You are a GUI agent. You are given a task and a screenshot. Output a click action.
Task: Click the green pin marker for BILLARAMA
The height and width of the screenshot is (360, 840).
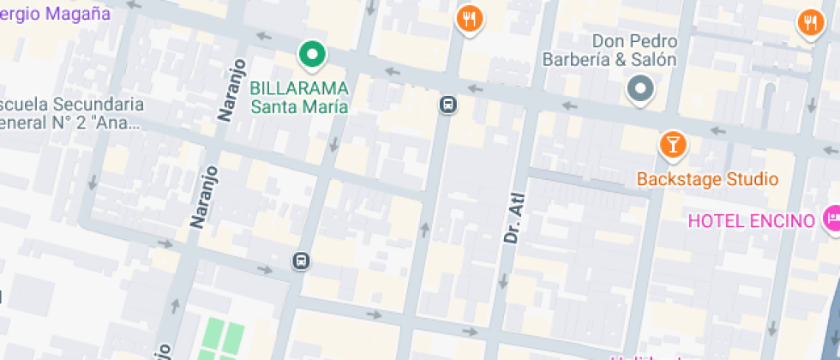pos(313,55)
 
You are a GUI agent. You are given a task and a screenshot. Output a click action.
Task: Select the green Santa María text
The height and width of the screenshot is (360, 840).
pos(299,106)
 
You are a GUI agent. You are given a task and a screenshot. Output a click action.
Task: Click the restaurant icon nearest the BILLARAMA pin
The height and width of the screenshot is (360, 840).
pos(469,18)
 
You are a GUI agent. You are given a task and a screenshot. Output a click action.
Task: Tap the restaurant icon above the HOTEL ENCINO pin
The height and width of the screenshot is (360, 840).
pos(810,21)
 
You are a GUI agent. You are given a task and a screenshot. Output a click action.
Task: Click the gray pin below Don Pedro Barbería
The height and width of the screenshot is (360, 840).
pos(640,87)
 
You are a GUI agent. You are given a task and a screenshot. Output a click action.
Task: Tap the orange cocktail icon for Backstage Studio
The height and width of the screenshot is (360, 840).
pos(673,144)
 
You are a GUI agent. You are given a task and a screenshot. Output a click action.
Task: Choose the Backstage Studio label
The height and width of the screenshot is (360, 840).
pos(707,179)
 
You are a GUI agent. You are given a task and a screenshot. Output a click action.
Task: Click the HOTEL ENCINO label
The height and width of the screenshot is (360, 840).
pos(751,221)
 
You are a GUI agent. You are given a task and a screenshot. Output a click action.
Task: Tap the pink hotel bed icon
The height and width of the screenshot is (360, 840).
pos(831,219)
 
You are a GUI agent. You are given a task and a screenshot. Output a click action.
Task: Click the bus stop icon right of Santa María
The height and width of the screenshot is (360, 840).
pos(447,105)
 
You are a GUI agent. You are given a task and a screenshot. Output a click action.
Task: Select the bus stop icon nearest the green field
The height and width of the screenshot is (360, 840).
pos(300,261)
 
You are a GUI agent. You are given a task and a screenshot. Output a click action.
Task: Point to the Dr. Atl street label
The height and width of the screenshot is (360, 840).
pos(513,217)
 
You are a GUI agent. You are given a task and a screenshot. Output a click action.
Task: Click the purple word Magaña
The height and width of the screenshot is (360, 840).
pos(76,13)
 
